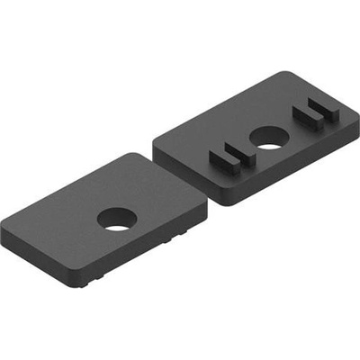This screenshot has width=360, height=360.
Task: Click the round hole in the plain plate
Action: pyautogui.click(x=115, y=220)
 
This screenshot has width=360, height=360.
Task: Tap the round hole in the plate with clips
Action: pyautogui.click(x=265, y=138)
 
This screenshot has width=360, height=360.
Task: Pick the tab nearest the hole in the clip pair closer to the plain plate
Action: pyautogui.click(x=241, y=155)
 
